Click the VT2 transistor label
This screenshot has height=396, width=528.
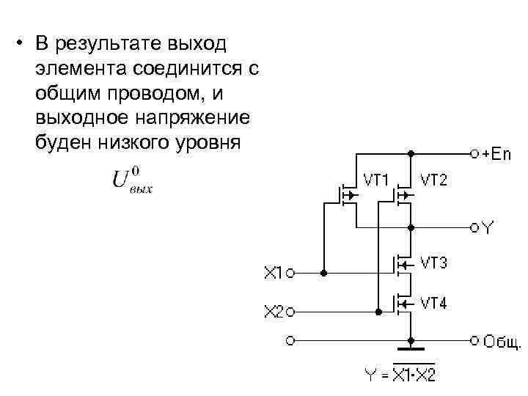click(433, 179)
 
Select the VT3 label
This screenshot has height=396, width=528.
click(433, 262)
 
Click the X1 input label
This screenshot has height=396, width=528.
click(272, 274)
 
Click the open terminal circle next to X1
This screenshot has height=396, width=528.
click(290, 274)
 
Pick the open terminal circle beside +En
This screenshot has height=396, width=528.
click(474, 155)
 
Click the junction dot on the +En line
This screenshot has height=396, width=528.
click(411, 155)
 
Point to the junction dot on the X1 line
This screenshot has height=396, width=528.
click(323, 274)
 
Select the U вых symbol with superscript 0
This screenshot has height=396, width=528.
click(133, 180)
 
